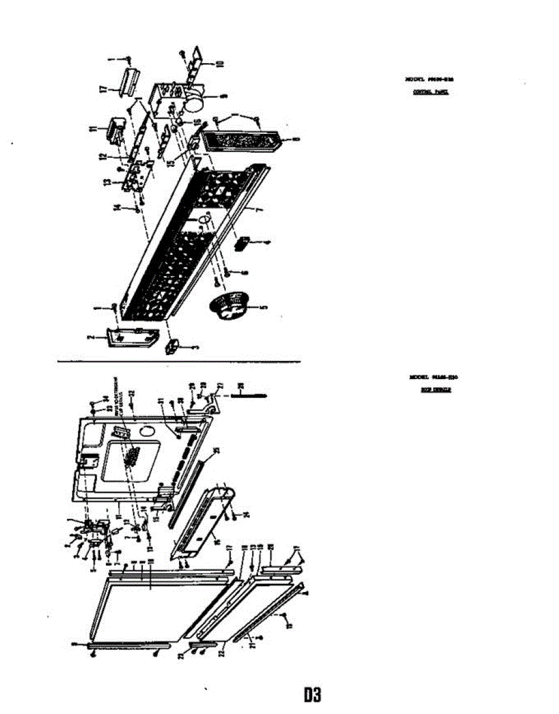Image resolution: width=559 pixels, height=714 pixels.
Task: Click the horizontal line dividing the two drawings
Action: pyautogui.click(x=178, y=362)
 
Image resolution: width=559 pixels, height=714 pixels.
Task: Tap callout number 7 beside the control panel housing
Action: pyautogui.click(x=259, y=212)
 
